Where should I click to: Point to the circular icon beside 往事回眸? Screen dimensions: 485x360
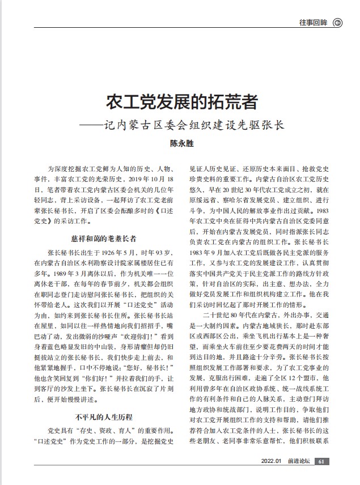[x=338, y=23]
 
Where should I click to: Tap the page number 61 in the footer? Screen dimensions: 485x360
[x=321, y=477]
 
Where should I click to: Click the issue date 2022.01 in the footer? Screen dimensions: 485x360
[x=271, y=477]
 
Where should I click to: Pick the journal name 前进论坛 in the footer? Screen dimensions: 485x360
[x=298, y=477]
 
